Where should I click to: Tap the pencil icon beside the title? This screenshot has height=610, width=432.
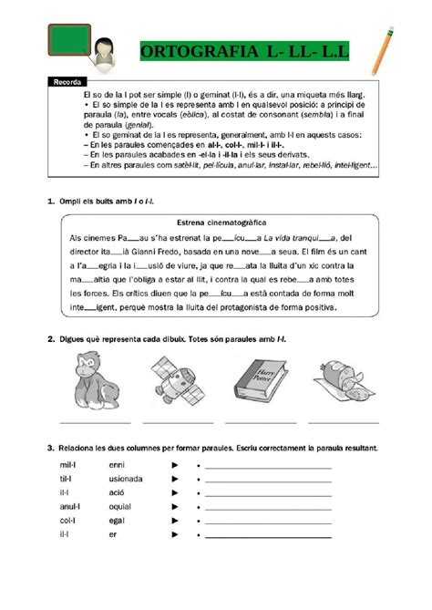pyautogui.click(x=383, y=49)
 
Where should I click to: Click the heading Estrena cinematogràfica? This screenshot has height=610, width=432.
pyautogui.click(x=215, y=221)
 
